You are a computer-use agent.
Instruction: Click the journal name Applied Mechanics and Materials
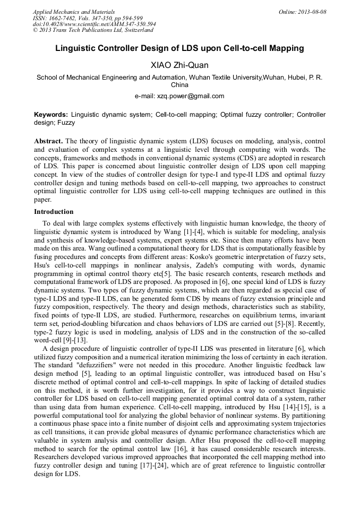click(x=73, y=12)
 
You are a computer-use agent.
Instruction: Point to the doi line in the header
click(x=94, y=24)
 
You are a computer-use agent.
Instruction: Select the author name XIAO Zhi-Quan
click(x=179, y=65)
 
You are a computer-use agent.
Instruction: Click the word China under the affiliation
click(x=179, y=85)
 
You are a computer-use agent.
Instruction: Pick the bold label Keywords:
click(x=51, y=115)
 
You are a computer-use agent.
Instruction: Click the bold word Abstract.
click(x=48, y=141)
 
